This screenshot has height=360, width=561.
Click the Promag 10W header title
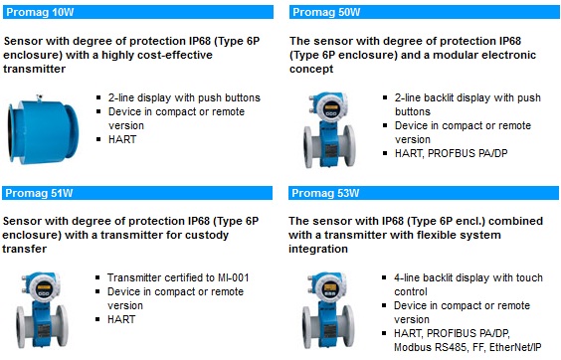click(x=40, y=12)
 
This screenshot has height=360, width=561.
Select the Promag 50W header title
click(x=326, y=12)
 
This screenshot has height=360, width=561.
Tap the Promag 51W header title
click(x=39, y=193)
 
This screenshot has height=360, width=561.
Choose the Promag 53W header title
click(x=325, y=193)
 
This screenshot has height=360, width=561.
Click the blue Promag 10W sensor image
click(x=43, y=129)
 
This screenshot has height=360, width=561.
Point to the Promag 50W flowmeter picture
click(x=329, y=130)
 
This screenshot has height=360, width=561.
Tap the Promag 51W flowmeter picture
click(x=42, y=310)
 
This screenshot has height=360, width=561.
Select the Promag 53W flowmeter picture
click(x=328, y=310)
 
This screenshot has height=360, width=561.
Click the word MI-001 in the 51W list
click(x=234, y=277)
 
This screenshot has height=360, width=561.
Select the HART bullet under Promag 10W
click(x=122, y=139)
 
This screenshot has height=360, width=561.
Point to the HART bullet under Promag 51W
click(x=121, y=319)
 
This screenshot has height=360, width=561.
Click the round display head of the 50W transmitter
click(x=330, y=106)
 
